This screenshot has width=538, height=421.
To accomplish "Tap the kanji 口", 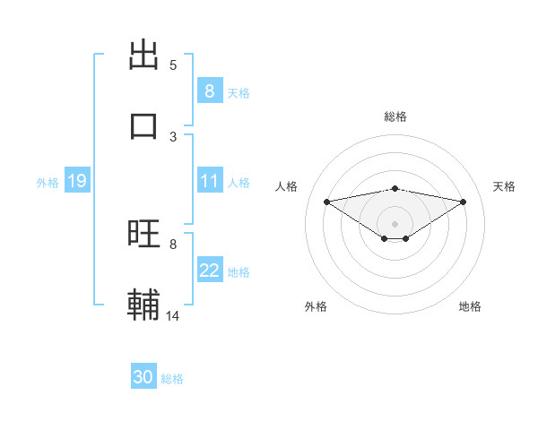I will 144,125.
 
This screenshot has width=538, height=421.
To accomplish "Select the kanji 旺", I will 144,234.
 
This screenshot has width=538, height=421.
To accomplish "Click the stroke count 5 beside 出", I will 173,65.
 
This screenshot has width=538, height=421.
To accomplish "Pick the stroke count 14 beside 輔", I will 173,315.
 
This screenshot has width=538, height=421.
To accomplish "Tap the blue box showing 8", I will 209,90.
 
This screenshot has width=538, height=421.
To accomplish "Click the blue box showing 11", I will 209,181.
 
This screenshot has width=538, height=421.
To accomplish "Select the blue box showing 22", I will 209,271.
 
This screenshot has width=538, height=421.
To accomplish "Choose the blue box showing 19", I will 76,181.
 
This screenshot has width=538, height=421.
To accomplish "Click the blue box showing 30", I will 143,377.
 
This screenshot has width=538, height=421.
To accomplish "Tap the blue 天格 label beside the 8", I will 239,92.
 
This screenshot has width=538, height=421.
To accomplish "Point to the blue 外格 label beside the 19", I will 48,183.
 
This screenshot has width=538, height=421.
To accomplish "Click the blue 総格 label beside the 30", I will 172,379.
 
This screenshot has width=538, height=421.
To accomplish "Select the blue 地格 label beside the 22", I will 239,272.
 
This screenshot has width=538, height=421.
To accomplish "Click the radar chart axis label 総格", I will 395,116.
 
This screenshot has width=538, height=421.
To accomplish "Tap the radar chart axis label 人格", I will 287,186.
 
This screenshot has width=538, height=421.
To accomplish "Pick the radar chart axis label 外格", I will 316,306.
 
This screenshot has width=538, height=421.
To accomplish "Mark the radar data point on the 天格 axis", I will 464,202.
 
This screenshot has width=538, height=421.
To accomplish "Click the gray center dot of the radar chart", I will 395,223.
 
